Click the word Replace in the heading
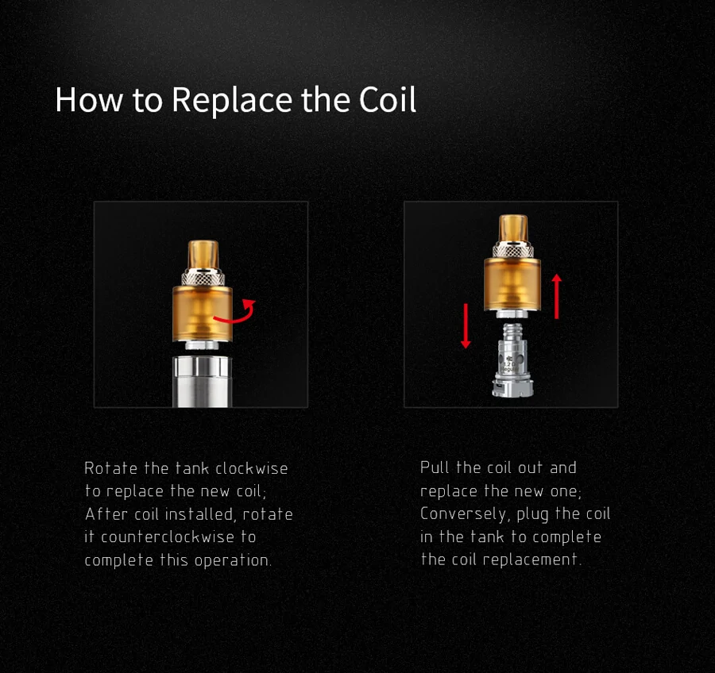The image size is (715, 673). pos(232,100)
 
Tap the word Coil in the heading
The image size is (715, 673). pos(388,99)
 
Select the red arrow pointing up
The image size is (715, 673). pos(557,296)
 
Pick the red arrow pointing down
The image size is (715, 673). pos(466,326)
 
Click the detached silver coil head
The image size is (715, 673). pos(512,360)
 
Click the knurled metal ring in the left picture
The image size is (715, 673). pos(203,278)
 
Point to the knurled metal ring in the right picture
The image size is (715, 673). pos(513,250)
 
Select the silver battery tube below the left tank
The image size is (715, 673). pos(202,382)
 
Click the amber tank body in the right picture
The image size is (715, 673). pos(512,284)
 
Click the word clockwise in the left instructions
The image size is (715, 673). pos(251,468)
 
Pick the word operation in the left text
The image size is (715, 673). pos(233,560)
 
